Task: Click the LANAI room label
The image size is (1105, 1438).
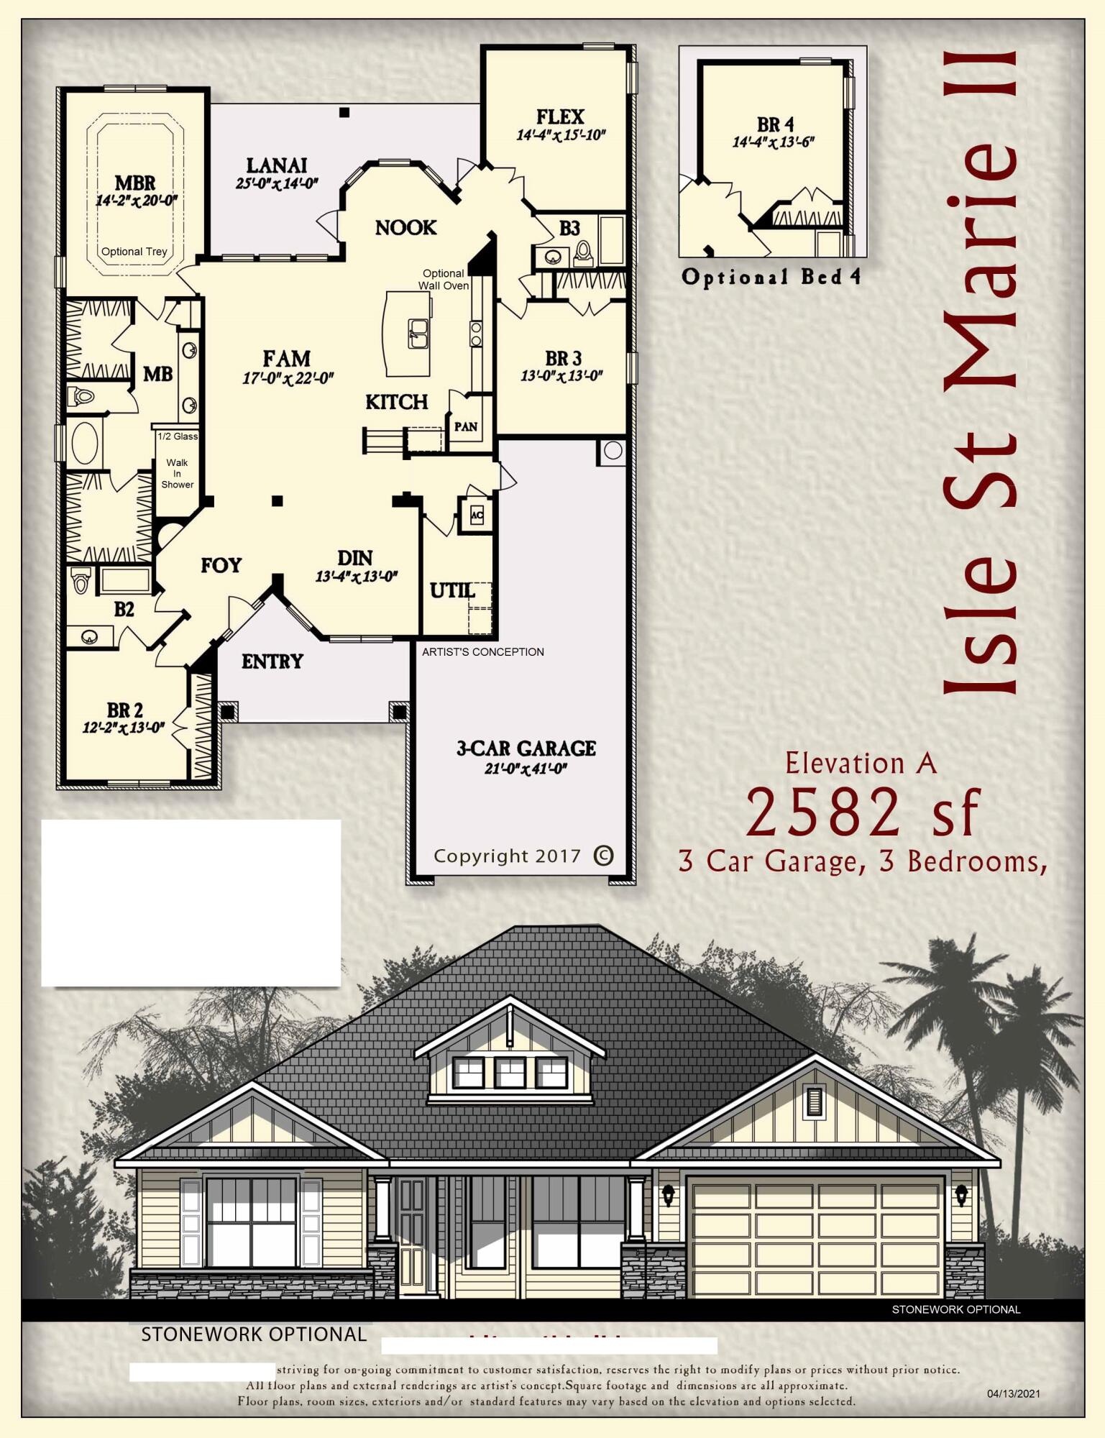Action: (277, 166)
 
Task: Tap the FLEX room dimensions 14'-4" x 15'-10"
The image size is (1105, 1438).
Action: (561, 134)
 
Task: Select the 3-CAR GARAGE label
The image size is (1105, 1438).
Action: (526, 748)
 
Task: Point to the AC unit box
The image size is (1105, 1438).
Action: (477, 515)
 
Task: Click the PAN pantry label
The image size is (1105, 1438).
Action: (466, 426)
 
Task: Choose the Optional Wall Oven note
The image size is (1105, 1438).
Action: (444, 279)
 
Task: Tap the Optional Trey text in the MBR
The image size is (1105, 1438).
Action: (134, 252)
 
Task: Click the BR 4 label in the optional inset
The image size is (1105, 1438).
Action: (775, 124)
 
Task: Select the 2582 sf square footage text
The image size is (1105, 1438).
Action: (863, 812)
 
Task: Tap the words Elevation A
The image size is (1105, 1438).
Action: (861, 764)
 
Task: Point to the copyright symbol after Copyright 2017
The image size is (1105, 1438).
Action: (603, 856)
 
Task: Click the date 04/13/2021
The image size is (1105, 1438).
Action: (1014, 1393)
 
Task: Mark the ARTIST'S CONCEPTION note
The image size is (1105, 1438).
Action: (482, 651)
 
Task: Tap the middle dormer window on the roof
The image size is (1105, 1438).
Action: (510, 1073)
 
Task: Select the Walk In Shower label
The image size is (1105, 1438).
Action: (177, 473)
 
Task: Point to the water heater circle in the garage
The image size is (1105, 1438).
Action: (613, 451)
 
